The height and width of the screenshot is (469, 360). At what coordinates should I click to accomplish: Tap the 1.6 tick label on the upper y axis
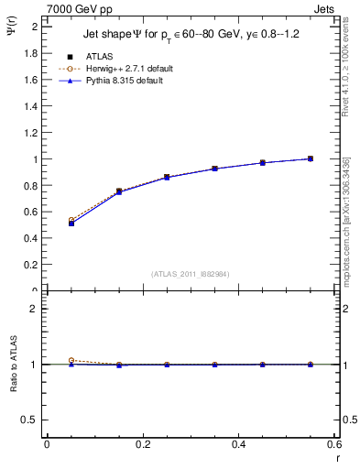point(29,80)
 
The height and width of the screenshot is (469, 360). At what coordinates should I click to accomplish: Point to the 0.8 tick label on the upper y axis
point(29,185)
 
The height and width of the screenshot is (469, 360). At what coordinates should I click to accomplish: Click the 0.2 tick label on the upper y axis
point(29,265)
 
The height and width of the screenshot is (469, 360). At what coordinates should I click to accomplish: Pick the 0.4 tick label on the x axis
point(238,444)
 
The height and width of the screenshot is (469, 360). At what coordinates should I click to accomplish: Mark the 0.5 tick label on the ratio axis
point(29,420)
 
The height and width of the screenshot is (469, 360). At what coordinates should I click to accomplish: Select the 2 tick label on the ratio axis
point(34,309)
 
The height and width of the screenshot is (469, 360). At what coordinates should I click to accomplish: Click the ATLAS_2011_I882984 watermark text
point(191,273)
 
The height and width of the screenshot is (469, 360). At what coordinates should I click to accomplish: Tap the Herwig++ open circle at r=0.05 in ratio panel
point(71,361)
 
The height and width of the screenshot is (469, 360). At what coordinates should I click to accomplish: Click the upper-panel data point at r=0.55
point(311,158)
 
